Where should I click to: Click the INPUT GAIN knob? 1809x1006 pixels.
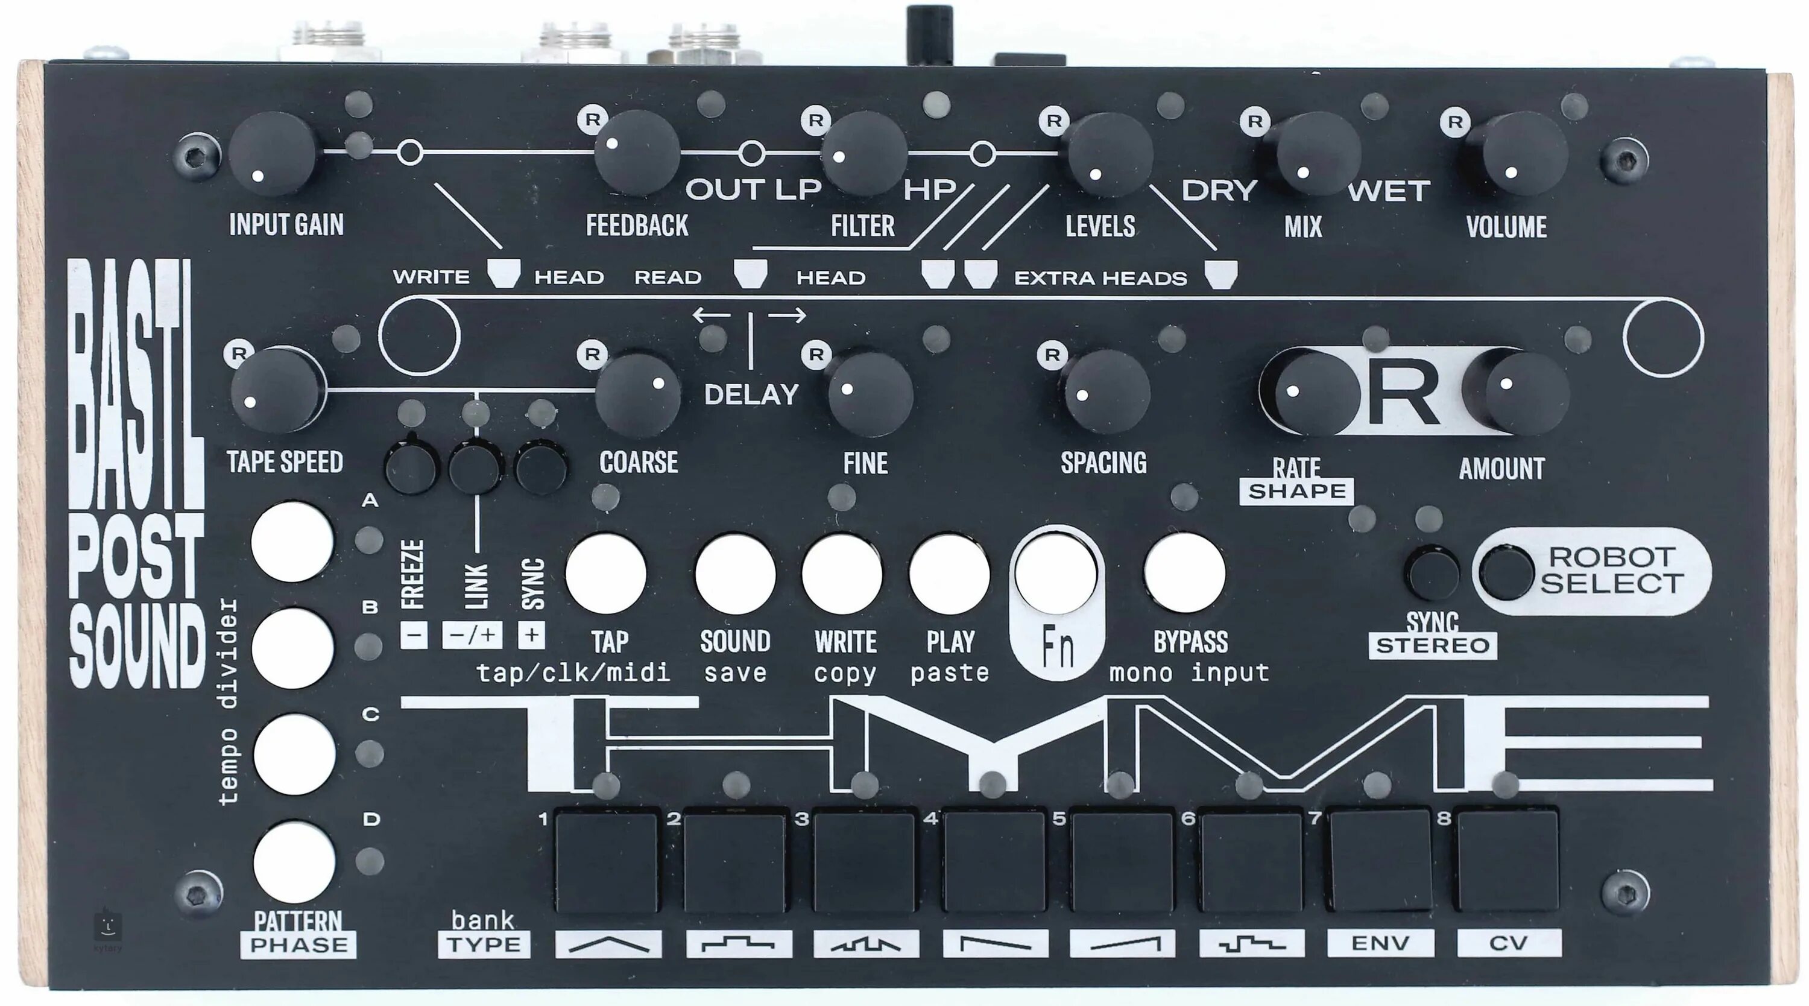[272, 154]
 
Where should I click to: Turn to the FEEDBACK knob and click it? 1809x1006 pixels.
[637, 153]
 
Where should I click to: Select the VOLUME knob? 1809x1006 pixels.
[1524, 153]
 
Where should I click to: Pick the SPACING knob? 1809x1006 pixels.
[1106, 391]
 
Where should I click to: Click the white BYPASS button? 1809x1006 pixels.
[1185, 572]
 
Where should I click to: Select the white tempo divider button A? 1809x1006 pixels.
[292, 541]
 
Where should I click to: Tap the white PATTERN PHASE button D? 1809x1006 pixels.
[294, 862]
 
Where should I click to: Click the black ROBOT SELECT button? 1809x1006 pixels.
[1506, 573]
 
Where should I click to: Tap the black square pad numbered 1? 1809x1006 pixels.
[607, 861]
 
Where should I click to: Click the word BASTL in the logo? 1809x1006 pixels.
[136, 383]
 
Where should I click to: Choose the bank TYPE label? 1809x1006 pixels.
[484, 944]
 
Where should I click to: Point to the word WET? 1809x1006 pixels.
[1388, 191]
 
